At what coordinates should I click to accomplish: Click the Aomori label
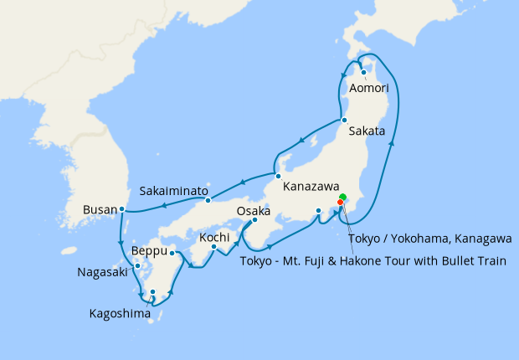point(370,87)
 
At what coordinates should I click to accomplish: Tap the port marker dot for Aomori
point(364,72)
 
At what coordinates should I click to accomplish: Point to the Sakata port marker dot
point(344,121)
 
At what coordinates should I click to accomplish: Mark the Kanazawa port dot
point(278,176)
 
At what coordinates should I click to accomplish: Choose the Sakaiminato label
point(174,191)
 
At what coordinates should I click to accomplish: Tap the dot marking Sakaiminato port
point(208,199)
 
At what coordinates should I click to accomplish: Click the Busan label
point(100,209)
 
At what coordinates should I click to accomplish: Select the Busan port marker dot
point(122,208)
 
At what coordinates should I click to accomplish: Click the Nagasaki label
point(103,272)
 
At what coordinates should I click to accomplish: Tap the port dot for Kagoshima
point(152,292)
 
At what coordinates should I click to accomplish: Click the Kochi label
point(215,238)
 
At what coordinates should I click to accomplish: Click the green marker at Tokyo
point(342,198)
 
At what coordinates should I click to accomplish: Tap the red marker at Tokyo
point(340,203)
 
